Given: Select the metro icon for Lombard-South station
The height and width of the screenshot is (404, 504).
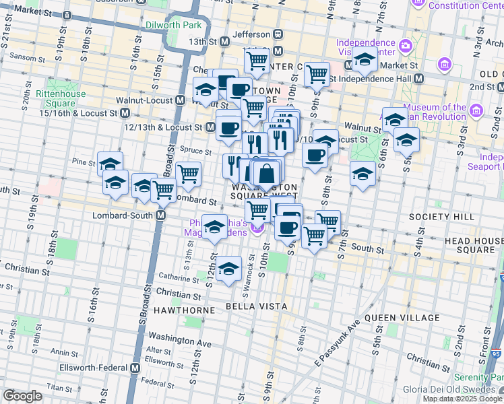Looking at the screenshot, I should [161, 215].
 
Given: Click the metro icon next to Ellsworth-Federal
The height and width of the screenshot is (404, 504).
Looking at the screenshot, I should [135, 368].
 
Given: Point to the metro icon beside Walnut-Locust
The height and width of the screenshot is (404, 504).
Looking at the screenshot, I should [181, 100].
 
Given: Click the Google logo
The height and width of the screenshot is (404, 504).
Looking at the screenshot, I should [22, 396].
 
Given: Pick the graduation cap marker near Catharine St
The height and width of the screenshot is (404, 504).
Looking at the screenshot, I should [228, 268].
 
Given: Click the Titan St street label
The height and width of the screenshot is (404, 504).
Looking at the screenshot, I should [60, 388].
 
